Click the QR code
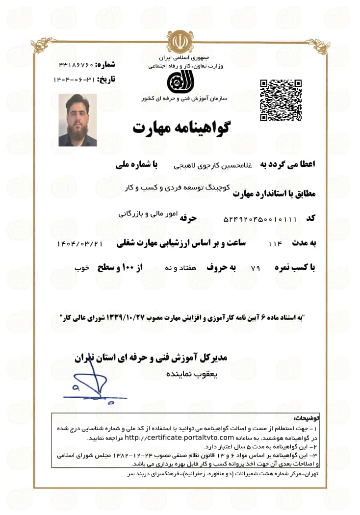point(280,100)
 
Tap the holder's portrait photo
point(77,120)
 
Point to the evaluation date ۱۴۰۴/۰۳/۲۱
point(79,243)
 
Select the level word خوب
point(81,268)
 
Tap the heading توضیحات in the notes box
point(306,418)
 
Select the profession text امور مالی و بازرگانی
point(147,214)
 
